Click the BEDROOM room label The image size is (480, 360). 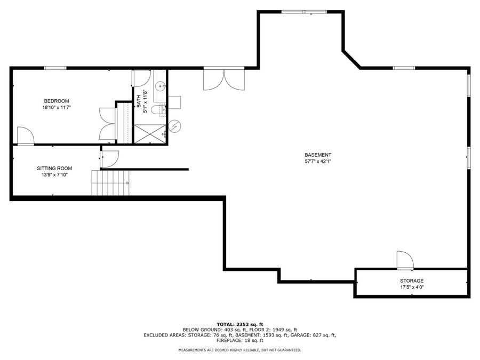pyautogui.click(x=56, y=101)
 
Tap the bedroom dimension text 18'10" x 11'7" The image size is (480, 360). pyautogui.click(x=56, y=107)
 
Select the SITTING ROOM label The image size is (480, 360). pyautogui.click(x=54, y=168)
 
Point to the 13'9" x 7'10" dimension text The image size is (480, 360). pyautogui.click(x=54, y=174)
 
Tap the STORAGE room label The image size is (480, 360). pyautogui.click(x=412, y=281)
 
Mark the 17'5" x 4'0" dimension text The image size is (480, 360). pyautogui.click(x=412, y=287)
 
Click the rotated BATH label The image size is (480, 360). pyautogui.click(x=139, y=101)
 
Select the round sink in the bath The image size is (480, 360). pyautogui.click(x=161, y=85)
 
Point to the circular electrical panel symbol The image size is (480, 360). pyautogui.click(x=175, y=126)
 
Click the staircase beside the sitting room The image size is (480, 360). pyautogui.click(x=111, y=182)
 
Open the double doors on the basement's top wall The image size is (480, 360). pyautogui.click(x=223, y=78)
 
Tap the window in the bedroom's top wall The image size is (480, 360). pyautogui.click(x=55, y=68)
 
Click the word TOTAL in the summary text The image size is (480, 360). pyautogui.click(x=225, y=324)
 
